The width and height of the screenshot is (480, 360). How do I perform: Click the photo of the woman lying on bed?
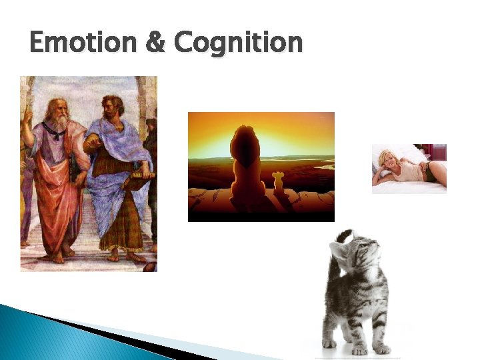tap(409, 168)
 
